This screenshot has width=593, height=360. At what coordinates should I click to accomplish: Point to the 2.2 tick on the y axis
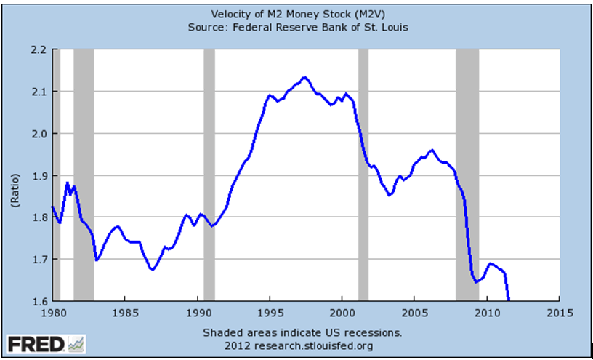click(38, 49)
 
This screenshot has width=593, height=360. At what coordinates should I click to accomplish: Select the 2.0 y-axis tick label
click(38, 134)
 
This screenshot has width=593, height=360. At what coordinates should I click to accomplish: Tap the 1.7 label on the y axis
click(38, 260)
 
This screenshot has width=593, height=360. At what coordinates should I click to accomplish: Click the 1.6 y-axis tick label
click(38, 301)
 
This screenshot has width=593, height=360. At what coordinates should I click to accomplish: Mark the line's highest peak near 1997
click(304, 77)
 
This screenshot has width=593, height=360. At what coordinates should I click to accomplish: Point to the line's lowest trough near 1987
click(152, 270)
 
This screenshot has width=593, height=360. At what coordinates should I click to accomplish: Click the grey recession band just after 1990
click(209, 175)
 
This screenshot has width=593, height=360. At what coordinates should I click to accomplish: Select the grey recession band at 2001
click(363, 175)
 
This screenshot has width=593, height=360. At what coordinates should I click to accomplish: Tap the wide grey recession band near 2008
click(467, 175)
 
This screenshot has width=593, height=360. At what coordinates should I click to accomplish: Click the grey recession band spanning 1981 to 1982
click(84, 175)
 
